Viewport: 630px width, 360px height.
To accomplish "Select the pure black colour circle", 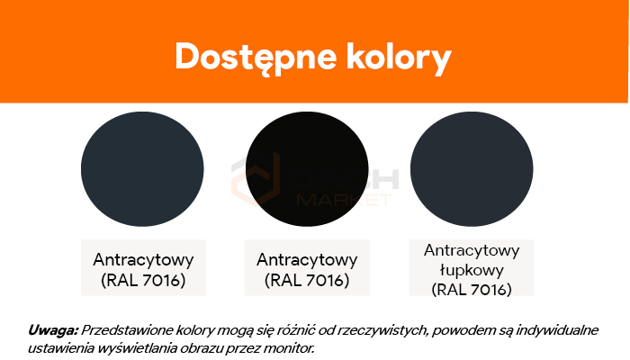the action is [x=307, y=169].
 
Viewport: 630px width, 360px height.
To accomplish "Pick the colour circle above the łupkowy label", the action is [x=472, y=169].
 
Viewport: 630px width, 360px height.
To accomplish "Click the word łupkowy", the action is [x=472, y=270].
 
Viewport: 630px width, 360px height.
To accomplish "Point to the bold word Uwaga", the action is [x=52, y=330].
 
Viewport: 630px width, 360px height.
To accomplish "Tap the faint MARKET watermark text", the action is [x=344, y=200].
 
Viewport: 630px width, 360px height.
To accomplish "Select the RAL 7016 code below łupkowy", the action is [x=472, y=289].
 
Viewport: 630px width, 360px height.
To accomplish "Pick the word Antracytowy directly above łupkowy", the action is [x=472, y=250].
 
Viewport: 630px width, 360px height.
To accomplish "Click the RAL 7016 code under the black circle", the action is [x=307, y=280].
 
